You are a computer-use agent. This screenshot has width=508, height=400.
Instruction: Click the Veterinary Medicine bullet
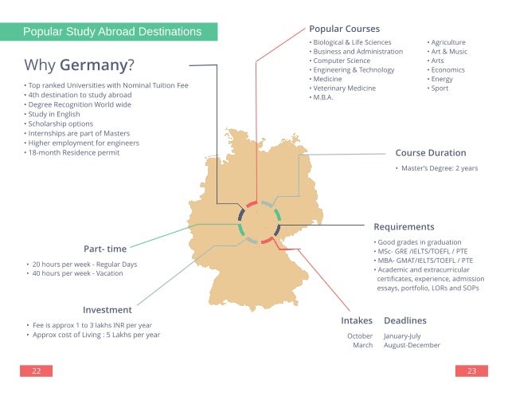(343, 88)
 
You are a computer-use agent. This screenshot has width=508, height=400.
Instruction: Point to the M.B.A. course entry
(322, 97)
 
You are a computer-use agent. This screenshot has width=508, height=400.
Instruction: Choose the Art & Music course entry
(448, 51)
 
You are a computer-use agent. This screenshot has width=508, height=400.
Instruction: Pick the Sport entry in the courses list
(439, 88)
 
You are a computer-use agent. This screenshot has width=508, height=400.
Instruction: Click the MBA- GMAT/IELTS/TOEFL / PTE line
(424, 260)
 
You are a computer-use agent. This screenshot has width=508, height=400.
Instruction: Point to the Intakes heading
(357, 320)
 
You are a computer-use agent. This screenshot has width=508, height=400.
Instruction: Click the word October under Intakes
(359, 335)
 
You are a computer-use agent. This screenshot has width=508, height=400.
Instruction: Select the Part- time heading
(104, 248)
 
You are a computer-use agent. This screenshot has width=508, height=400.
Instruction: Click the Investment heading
(107, 309)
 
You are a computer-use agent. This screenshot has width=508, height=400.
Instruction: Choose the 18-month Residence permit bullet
(74, 153)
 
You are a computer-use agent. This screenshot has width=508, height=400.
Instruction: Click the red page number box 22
(37, 371)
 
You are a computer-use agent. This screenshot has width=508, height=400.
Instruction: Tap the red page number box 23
(471, 371)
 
